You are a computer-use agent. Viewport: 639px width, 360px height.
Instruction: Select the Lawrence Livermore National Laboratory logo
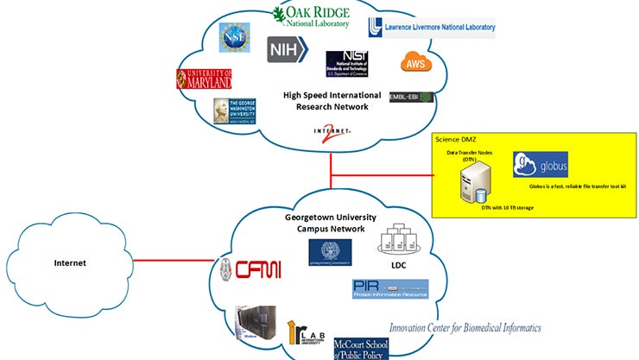[431, 27]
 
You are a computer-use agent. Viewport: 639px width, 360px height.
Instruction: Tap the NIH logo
[284, 49]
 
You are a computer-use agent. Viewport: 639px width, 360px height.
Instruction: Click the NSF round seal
[234, 39]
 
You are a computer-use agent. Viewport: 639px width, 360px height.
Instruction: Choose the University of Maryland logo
[204, 79]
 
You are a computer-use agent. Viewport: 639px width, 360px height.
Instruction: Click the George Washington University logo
[235, 112]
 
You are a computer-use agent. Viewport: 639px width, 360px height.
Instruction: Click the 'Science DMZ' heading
[458, 140]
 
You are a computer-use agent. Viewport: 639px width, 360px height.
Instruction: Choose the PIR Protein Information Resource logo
[389, 288]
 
